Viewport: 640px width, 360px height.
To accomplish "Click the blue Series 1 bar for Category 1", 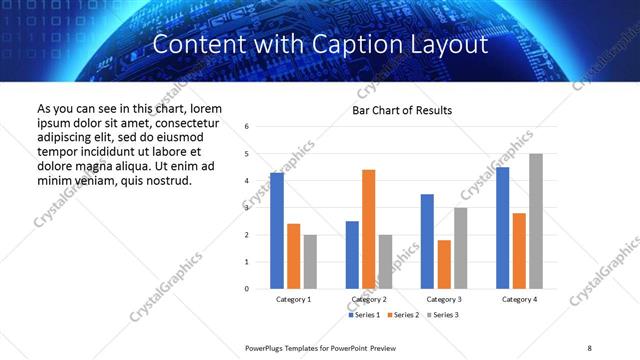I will pyautogui.click(x=277, y=231).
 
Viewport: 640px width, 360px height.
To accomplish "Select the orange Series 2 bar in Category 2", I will pyautogui.click(x=369, y=229).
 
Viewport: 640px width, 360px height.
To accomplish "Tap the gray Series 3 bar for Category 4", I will pyautogui.click(x=536, y=221).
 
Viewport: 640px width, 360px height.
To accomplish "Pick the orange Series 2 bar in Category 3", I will pyautogui.click(x=444, y=264).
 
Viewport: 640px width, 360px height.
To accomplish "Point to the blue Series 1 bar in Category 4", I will pyautogui.click(x=502, y=228).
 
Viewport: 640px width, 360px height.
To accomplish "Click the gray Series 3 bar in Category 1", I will pyautogui.click(x=310, y=262).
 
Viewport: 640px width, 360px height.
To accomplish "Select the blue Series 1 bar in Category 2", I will pyautogui.click(x=352, y=255).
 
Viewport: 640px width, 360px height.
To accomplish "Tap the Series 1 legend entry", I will pyautogui.click(x=364, y=315).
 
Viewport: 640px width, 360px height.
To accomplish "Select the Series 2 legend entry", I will pyautogui.click(x=402, y=315).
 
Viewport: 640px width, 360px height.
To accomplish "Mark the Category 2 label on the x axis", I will pyautogui.click(x=369, y=299).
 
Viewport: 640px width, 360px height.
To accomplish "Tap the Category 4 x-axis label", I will pyautogui.click(x=519, y=299).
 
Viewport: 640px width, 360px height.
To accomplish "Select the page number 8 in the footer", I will pyautogui.click(x=588, y=347).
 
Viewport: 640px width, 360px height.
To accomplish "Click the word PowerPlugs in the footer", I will pyautogui.click(x=267, y=347).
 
